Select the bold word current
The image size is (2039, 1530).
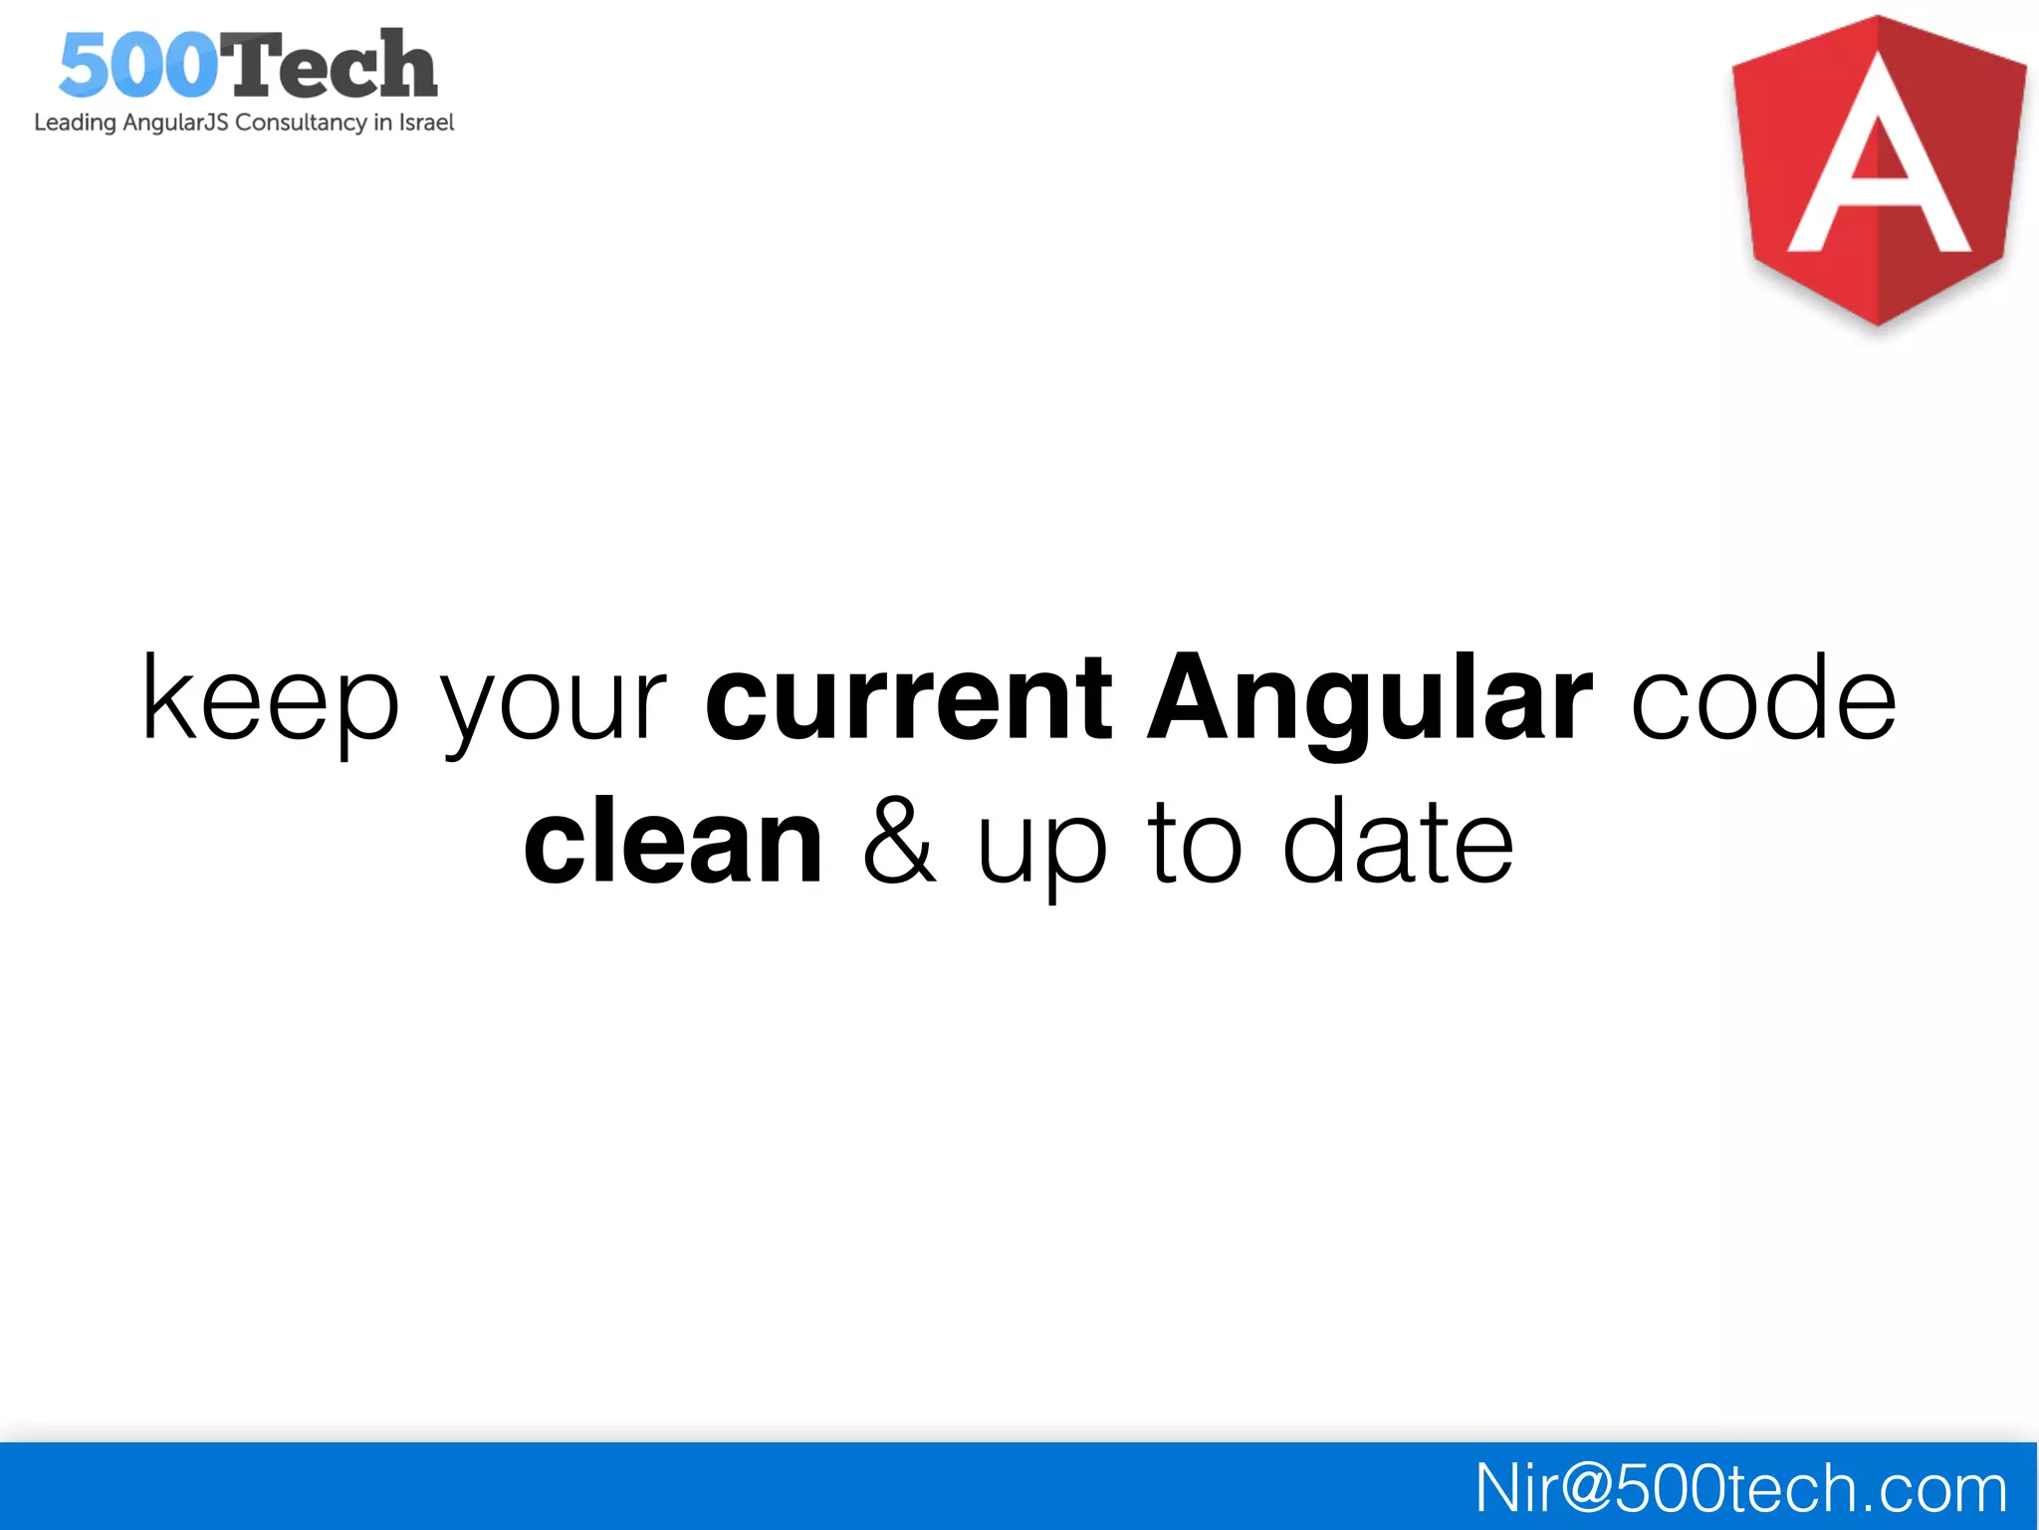click(908, 699)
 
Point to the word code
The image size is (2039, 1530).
click(1763, 699)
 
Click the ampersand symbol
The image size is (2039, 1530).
click(899, 842)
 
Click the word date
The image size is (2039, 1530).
click(1398, 842)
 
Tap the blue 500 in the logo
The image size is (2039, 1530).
click(137, 66)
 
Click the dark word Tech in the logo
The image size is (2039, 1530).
click(327, 66)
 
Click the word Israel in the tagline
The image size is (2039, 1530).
click(426, 123)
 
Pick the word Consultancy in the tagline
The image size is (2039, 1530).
click(301, 123)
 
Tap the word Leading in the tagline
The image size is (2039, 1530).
click(75, 123)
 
